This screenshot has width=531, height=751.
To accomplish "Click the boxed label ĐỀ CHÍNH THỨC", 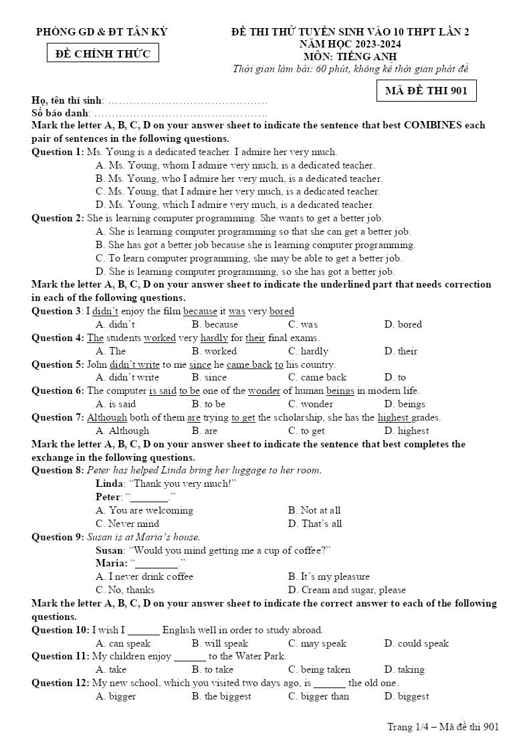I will [x=103, y=53].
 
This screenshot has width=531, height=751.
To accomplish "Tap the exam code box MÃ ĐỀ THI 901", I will [x=426, y=90].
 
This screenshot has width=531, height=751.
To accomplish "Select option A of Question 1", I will [x=235, y=165].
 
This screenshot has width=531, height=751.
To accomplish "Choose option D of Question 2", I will [x=245, y=272].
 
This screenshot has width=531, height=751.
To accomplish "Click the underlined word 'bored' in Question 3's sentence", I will [x=282, y=311].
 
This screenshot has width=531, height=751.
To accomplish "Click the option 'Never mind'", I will [x=128, y=524].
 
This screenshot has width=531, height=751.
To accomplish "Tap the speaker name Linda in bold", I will [x=110, y=484].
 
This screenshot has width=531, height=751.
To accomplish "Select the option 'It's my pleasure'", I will [x=328, y=576].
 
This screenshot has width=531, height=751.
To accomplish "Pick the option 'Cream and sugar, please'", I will [x=346, y=590].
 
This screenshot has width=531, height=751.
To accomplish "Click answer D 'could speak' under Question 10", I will [x=416, y=643].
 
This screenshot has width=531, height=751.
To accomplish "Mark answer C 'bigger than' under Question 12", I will [x=318, y=696].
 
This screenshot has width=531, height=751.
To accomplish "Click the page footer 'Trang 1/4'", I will [x=407, y=727].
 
